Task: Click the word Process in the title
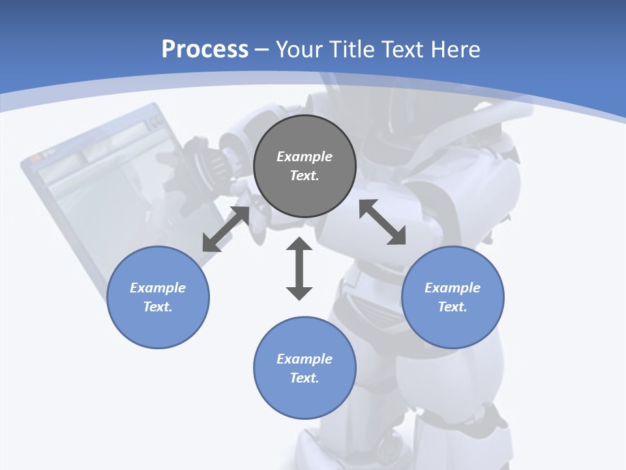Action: click(x=205, y=50)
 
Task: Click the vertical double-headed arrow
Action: click(x=299, y=268)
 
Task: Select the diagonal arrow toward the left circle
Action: click(x=226, y=229)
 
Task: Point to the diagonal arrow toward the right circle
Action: click(x=382, y=222)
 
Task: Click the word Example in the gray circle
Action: click(x=305, y=157)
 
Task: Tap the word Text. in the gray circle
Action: click(x=305, y=176)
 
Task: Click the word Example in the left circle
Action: click(x=158, y=288)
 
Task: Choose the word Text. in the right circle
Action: click(x=453, y=307)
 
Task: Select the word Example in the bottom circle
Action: click(x=305, y=359)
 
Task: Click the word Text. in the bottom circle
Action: click(x=305, y=378)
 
